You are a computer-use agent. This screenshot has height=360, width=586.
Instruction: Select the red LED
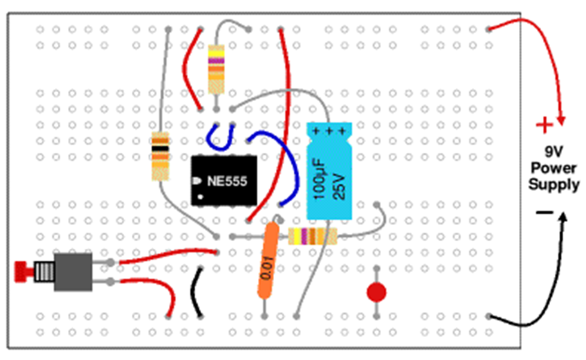(376, 293)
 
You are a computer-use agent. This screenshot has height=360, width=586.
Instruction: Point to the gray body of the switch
(73, 271)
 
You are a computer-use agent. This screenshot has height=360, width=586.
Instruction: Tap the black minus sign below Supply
(544, 212)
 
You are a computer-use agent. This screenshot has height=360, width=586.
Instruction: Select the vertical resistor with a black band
(160, 155)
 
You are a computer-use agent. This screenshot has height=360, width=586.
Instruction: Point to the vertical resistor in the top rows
(216, 69)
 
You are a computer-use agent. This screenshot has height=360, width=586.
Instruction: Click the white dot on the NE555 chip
(200, 196)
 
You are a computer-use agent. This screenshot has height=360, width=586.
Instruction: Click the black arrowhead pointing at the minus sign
(563, 217)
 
